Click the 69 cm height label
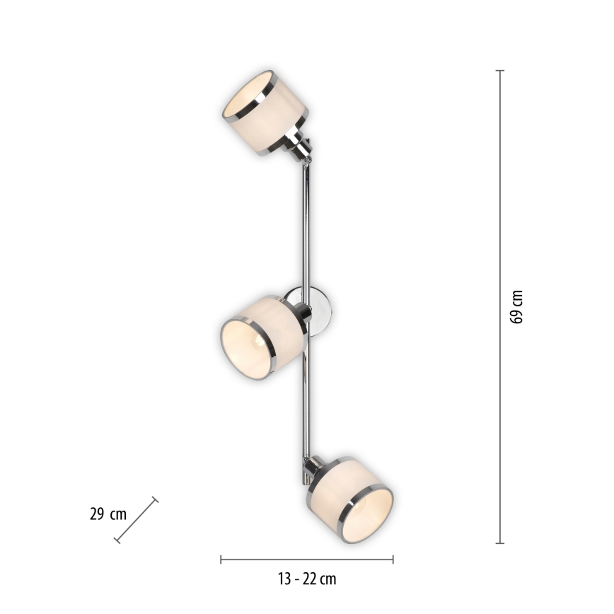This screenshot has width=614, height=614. pyautogui.click(x=517, y=306)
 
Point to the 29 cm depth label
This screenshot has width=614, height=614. pyautogui.click(x=108, y=514)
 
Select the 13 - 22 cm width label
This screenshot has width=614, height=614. pyautogui.click(x=306, y=579)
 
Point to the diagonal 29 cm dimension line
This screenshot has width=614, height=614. pyautogui.click(x=137, y=521)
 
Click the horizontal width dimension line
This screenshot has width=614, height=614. pyautogui.click(x=306, y=560)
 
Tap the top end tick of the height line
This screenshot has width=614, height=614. pyautogui.click(x=500, y=71)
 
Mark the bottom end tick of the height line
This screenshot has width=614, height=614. pyautogui.click(x=500, y=543)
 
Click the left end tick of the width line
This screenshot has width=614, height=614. pyautogui.click(x=221, y=560)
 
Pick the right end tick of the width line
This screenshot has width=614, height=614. pyautogui.click(x=393, y=560)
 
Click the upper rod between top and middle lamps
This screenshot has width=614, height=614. pyautogui.click(x=306, y=226)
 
